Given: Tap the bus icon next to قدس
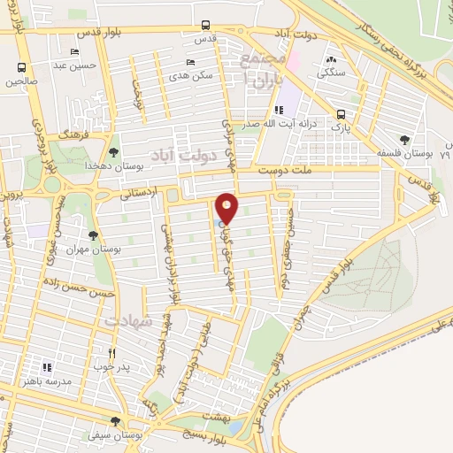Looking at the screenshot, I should pos(206,25).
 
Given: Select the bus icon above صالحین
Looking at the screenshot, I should pos(22,67).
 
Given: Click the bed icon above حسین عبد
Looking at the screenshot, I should pos(73,51).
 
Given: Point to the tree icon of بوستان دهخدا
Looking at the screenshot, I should pos(114,153).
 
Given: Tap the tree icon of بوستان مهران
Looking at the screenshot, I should pos(93,235).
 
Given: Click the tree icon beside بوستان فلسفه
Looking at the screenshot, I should pos(404,139).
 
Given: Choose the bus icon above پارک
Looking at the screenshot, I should pos(341,114).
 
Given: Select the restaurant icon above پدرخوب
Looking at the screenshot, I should pos(111,352).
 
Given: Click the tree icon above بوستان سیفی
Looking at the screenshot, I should pos(115,421).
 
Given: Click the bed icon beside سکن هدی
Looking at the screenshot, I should pos(191,62).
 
